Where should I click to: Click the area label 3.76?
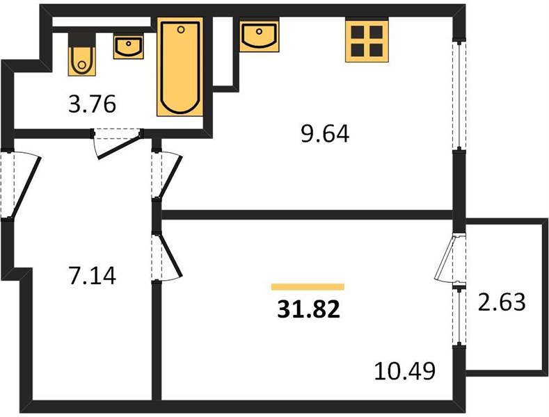point(92,104)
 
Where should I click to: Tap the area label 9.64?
point(325,134)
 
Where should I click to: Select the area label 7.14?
point(93,275)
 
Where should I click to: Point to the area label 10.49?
point(405,371)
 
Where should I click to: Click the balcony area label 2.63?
point(502,302)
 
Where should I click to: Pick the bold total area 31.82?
point(308,310)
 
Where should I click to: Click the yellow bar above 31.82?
point(308,287)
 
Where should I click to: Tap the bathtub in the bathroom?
point(180,67)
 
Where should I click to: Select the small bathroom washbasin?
point(129,47)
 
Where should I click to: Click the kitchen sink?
point(259,36)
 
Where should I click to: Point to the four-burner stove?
point(367,41)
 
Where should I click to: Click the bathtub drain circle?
point(181,30)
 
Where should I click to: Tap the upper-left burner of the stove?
point(358,32)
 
